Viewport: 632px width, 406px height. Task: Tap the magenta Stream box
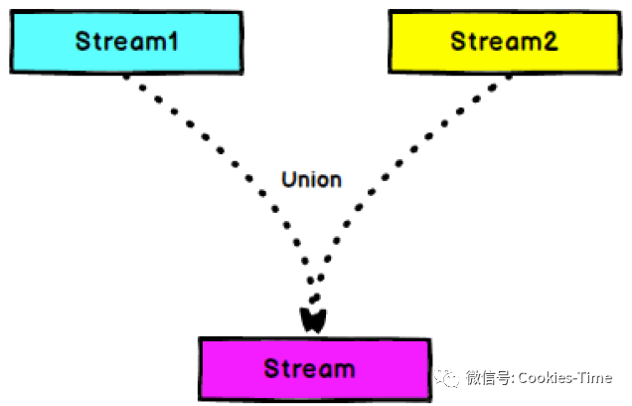click(x=315, y=368)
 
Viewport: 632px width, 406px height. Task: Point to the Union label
click(x=311, y=180)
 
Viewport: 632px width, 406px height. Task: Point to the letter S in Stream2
click(x=459, y=42)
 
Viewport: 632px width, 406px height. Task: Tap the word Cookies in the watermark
click(x=551, y=378)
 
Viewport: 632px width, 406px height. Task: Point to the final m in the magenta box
click(x=344, y=370)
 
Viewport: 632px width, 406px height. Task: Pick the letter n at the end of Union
click(x=335, y=181)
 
